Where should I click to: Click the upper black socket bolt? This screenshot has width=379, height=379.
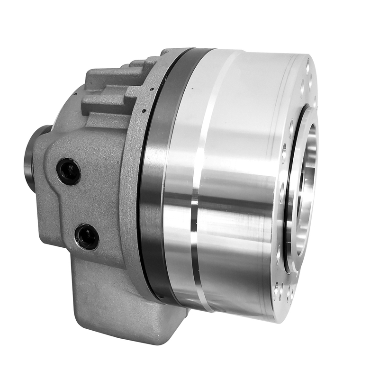[x=68, y=171]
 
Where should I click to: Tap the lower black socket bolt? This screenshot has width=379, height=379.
[x=87, y=236]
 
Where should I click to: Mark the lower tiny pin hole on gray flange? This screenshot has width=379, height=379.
[x=143, y=111]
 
